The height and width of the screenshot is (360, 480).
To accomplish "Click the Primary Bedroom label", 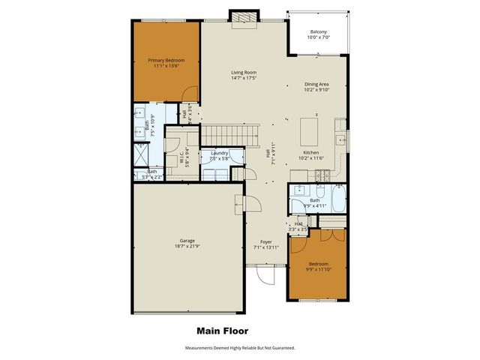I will pos(166,61).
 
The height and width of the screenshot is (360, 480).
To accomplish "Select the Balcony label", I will pos(318,31).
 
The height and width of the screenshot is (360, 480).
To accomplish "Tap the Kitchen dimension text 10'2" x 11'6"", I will pos(310,157).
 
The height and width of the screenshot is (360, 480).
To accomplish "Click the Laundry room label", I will pos(219,152).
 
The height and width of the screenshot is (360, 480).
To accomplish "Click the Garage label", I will pos(187,241).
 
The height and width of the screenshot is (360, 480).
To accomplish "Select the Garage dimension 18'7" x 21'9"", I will pos(187,247).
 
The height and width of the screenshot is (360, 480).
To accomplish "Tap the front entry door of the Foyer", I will pos(265,276).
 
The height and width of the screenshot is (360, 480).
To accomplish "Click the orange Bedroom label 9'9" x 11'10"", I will pos(319,263).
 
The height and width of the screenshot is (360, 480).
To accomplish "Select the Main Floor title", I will pos(222,330).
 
